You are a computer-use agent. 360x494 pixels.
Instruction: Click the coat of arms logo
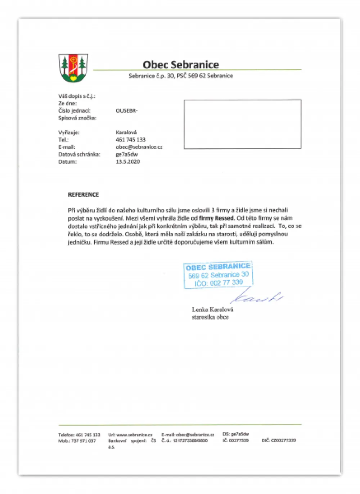(x=73, y=68)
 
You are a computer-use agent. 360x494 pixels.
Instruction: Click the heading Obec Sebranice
(x=181, y=65)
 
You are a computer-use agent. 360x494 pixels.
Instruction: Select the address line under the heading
(x=181, y=76)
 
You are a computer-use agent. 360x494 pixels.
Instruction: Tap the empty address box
(x=242, y=124)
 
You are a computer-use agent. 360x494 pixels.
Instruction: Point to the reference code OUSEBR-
(x=127, y=111)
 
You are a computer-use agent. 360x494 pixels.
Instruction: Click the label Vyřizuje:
(x=69, y=132)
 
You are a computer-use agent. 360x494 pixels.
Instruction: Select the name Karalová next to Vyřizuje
(x=126, y=132)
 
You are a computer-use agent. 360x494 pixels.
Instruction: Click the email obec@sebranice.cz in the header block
(x=139, y=147)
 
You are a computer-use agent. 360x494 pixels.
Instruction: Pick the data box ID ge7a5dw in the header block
(x=127, y=154)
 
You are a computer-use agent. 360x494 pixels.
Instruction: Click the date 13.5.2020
(x=128, y=162)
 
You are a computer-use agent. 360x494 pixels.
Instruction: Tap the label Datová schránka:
(x=79, y=154)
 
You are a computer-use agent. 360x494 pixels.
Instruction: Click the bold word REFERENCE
(x=84, y=195)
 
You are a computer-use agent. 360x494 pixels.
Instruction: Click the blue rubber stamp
(x=218, y=275)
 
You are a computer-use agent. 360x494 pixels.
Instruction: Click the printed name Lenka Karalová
(x=212, y=309)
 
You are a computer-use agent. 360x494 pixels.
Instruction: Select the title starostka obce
(x=210, y=317)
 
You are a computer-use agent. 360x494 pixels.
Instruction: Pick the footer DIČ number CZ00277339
(x=283, y=440)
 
